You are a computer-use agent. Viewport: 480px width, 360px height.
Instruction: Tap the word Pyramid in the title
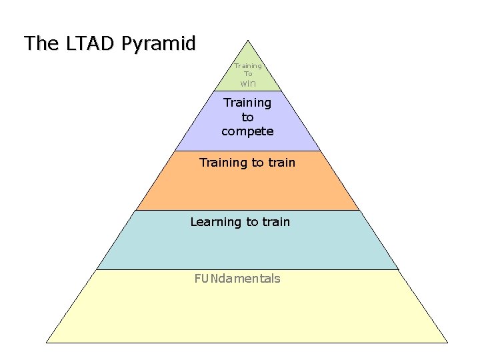click(x=158, y=45)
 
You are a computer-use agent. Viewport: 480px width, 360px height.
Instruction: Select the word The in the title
click(x=41, y=44)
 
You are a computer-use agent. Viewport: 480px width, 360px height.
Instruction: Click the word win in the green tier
click(x=248, y=84)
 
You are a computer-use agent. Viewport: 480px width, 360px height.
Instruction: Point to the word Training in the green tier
click(x=248, y=66)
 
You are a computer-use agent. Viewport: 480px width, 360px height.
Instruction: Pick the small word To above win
click(x=248, y=74)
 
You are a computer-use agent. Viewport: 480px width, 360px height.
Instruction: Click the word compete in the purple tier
click(x=247, y=131)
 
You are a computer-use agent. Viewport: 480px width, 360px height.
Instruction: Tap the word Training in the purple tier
click(x=247, y=103)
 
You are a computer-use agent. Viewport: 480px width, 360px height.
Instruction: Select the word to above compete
click(x=247, y=117)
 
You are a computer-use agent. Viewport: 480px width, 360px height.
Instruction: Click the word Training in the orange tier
click(x=223, y=163)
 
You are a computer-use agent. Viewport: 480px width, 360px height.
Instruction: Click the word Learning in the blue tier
click(x=215, y=222)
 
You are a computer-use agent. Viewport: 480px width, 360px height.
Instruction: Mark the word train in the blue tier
click(x=276, y=222)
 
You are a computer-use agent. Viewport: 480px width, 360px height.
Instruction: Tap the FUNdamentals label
click(x=237, y=279)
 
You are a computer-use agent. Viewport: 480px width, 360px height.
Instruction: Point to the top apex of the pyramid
click(x=247, y=39)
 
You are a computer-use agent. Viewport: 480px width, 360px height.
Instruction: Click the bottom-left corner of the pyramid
click(x=46, y=343)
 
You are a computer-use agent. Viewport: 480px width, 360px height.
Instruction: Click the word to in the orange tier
click(x=257, y=163)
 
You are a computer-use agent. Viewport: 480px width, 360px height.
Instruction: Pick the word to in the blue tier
click(x=252, y=222)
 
